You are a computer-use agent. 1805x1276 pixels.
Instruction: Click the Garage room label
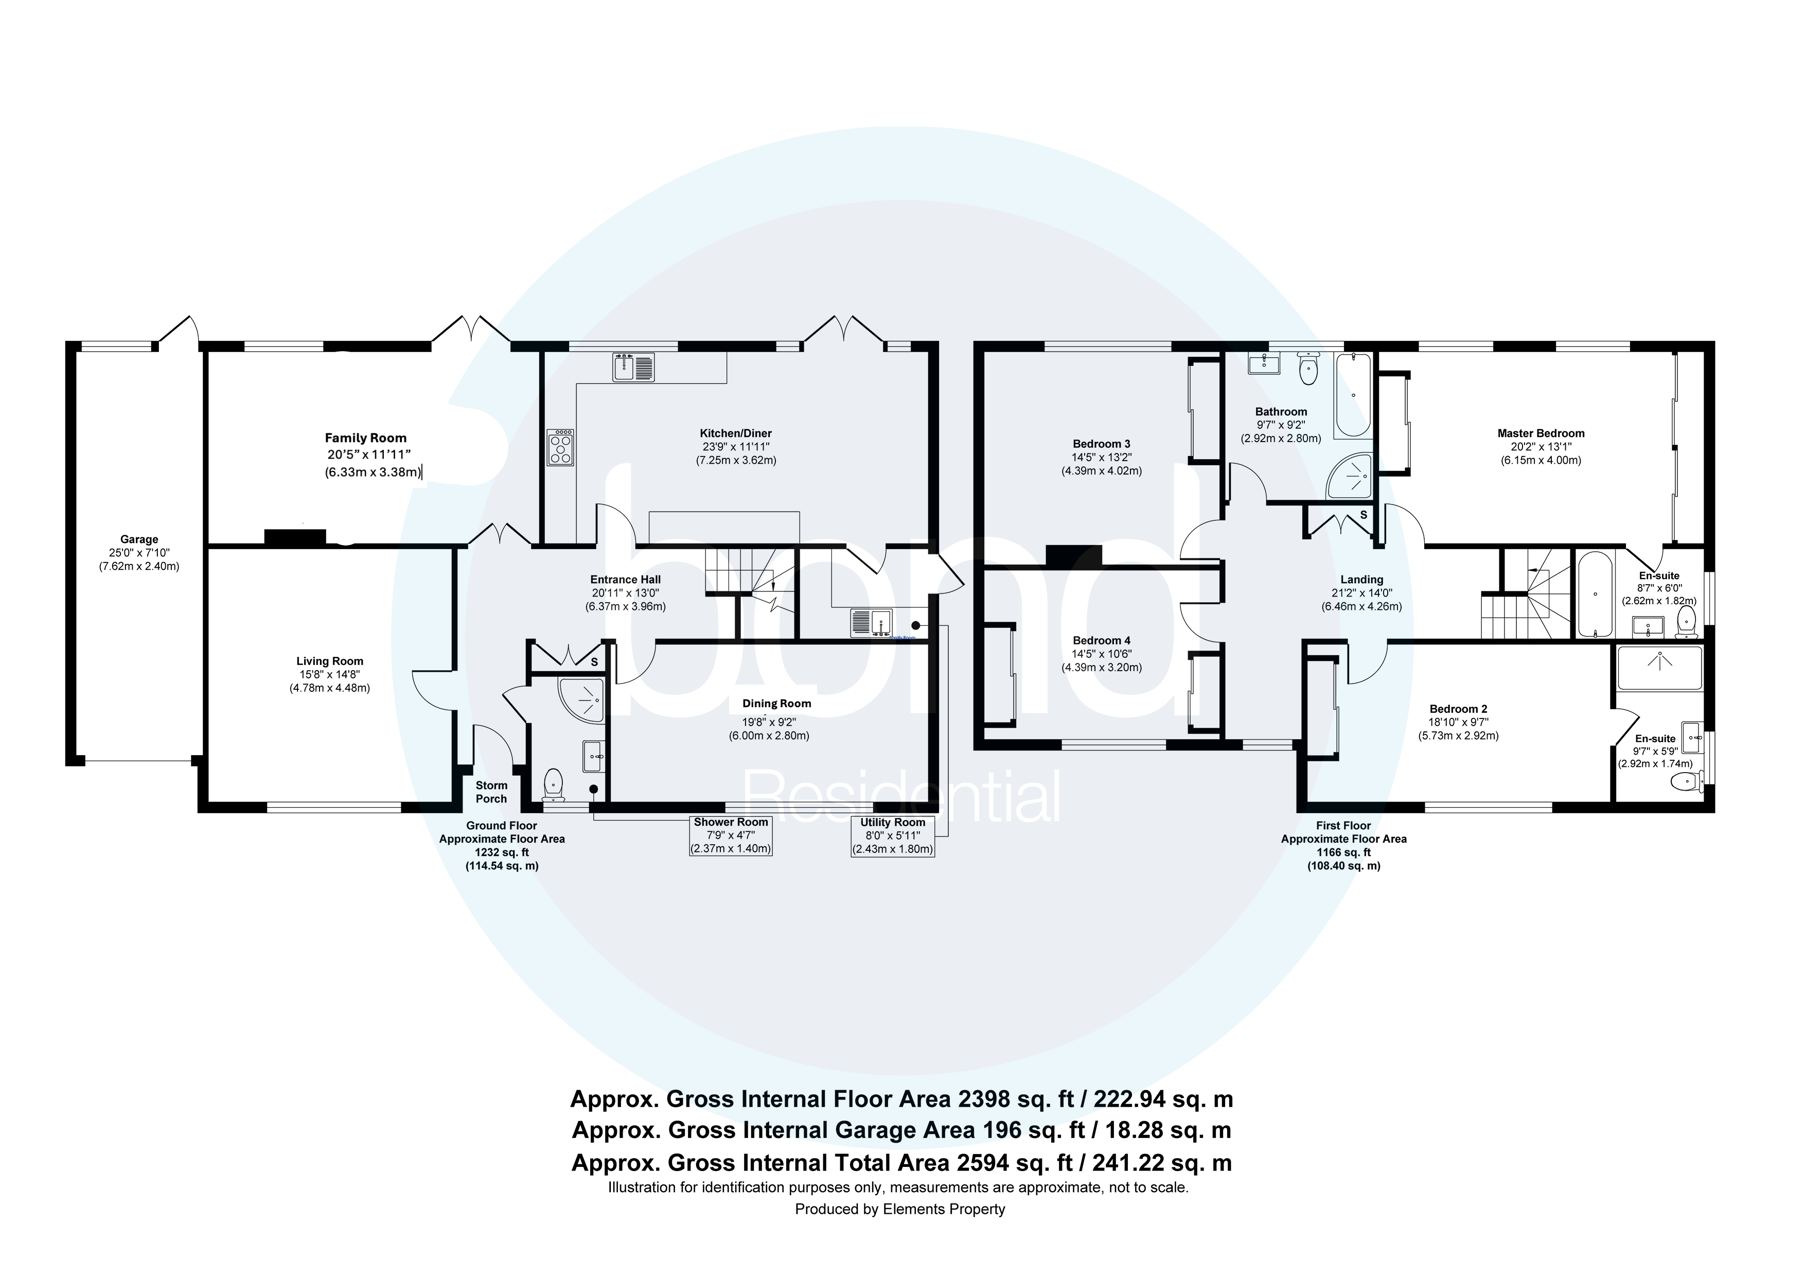pyautogui.click(x=138, y=539)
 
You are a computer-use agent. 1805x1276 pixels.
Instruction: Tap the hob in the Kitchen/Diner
pyautogui.click(x=560, y=449)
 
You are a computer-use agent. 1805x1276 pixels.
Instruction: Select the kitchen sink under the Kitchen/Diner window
pyautogui.click(x=633, y=367)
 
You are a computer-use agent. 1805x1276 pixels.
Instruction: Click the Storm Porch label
pyautogui.click(x=491, y=792)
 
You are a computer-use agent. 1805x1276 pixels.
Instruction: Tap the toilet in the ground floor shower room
pyautogui.click(x=554, y=782)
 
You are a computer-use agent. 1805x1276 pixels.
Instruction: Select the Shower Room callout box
pyautogui.click(x=730, y=836)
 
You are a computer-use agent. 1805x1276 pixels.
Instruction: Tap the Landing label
pyautogui.click(x=1361, y=580)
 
